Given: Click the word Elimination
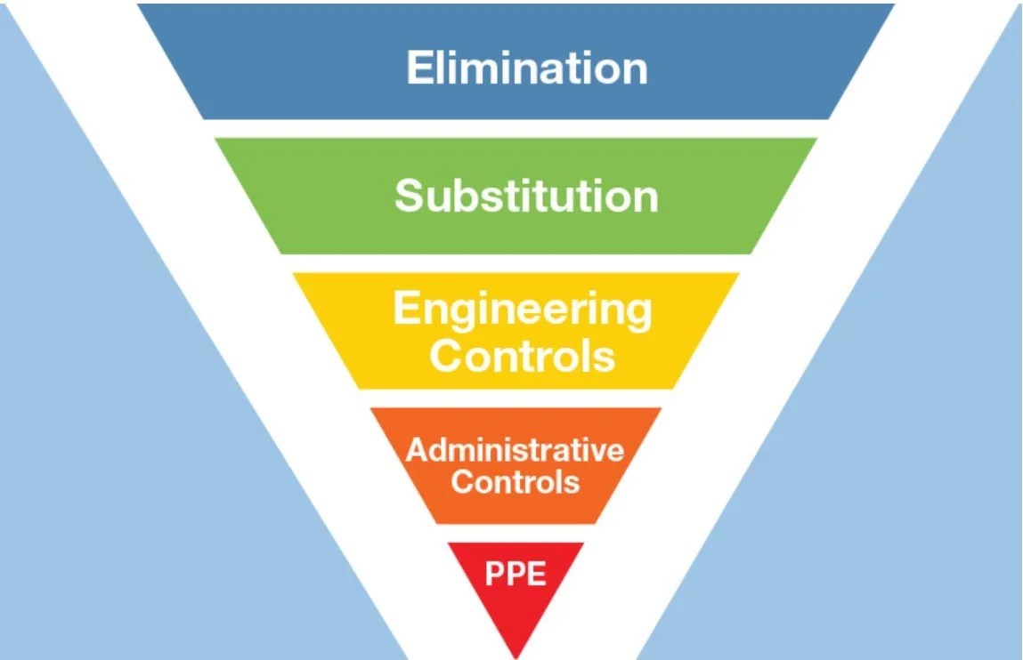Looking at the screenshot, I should click(x=526, y=68).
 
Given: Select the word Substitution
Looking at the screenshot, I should click(x=526, y=196).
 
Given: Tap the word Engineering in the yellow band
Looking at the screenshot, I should click(x=522, y=311).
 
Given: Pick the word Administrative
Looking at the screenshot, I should click(x=515, y=449).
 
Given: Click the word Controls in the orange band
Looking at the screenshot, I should click(x=515, y=482).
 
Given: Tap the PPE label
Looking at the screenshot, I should click(x=515, y=574).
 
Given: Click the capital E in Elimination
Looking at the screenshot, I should click(x=418, y=68).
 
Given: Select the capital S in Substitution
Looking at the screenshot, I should click(x=408, y=196).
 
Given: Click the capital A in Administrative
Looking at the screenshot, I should click(x=416, y=449).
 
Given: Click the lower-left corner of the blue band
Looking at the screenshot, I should click(x=205, y=117).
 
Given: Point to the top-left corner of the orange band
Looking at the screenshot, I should click(x=371, y=409).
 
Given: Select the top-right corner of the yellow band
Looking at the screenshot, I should click(x=738, y=274).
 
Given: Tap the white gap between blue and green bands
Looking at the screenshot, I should click(x=516, y=128).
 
